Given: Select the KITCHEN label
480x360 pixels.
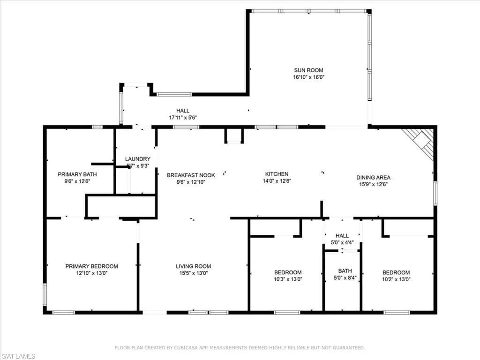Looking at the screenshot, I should tap(277, 174).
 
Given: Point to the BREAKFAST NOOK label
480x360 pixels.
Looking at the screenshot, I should tap(191, 175).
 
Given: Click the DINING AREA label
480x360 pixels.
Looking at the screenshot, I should tap(373, 177).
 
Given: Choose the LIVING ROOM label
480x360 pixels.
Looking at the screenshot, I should tap(193, 266).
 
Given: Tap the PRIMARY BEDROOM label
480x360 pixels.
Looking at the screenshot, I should tap(91, 266).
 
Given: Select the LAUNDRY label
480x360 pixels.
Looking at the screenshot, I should tap(138, 159).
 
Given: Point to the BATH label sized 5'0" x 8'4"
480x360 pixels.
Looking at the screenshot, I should tap(345, 270).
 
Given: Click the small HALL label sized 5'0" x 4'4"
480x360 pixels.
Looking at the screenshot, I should tap(342, 236).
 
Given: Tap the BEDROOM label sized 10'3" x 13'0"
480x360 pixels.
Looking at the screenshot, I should tap(288, 272).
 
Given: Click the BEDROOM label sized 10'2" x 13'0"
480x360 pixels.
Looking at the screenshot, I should tap(396, 272).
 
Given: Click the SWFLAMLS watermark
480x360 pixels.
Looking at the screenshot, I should tap(18, 356).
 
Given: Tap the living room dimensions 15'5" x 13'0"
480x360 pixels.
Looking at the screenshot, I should tap(193, 273).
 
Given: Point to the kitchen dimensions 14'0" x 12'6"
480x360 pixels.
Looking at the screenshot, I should tap(277, 181).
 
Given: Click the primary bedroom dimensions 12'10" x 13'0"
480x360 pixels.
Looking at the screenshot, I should tap(91, 273).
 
